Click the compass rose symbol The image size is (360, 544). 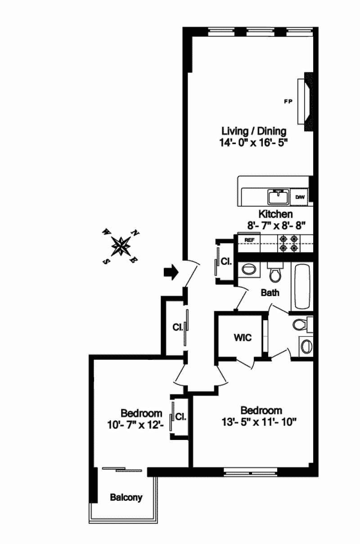(x=121, y=246)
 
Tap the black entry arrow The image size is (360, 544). (x=171, y=272)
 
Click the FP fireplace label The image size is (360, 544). (x=288, y=101)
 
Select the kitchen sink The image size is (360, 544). (x=279, y=197)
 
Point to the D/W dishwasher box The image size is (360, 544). (x=299, y=197)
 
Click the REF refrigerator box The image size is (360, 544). (x=249, y=242)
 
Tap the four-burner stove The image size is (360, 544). (x=288, y=243)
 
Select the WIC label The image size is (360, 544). (x=243, y=337)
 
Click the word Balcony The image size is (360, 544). (x=126, y=497)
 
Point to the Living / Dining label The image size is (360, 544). (x=254, y=131)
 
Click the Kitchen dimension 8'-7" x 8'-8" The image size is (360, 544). (x=276, y=226)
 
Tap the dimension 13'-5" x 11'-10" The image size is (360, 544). (x=259, y=422)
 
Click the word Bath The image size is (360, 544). (x=270, y=293)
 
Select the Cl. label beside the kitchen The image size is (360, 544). (x=226, y=261)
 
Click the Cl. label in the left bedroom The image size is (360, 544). (x=181, y=417)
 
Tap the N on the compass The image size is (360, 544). (x=135, y=233)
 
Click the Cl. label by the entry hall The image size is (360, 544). (x=178, y=327)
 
